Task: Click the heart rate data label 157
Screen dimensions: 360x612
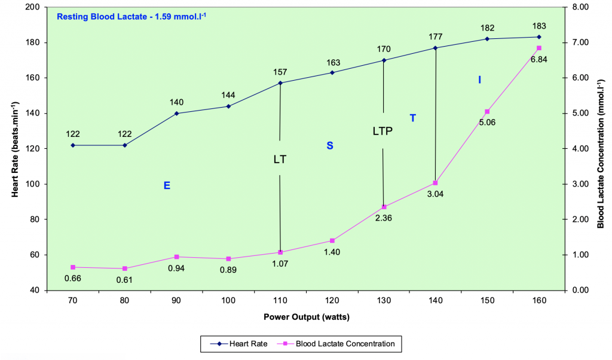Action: tap(280, 72)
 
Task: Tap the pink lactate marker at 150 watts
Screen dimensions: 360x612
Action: tap(487, 112)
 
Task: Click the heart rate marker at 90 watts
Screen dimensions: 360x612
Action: tap(177, 113)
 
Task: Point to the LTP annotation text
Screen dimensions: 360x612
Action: tap(382, 131)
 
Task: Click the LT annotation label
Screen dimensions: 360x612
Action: tap(280, 160)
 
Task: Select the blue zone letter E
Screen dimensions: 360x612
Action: tap(167, 186)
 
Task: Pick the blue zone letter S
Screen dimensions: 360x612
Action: tap(329, 145)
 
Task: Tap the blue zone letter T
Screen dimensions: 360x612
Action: tap(412, 118)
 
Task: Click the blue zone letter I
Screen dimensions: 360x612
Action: tap(479, 80)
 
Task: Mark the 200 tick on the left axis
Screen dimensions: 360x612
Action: tap(33, 7)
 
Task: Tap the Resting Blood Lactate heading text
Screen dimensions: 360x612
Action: tap(126, 16)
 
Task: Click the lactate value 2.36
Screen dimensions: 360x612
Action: tap(383, 218)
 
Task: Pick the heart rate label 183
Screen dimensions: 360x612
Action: tap(539, 26)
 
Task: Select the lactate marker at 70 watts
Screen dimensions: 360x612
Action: tap(73, 267)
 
